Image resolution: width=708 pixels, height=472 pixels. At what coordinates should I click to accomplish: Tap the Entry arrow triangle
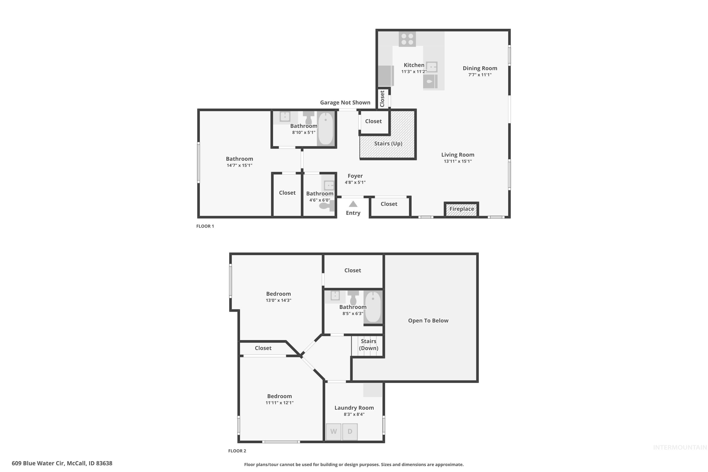click(353, 204)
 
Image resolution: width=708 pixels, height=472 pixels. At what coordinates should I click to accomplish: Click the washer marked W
click(333, 432)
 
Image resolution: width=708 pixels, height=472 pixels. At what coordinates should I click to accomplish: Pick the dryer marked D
click(350, 432)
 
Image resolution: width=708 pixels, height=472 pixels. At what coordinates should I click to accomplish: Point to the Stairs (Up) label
click(388, 143)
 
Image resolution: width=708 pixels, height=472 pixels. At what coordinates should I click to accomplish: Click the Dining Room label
click(480, 68)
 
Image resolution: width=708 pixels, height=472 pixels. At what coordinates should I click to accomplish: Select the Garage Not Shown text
click(345, 103)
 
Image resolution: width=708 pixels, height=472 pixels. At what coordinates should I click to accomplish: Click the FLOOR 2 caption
click(237, 451)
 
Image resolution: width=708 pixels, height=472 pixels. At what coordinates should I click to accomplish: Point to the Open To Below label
click(428, 320)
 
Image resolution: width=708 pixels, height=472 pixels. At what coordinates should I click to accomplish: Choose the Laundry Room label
click(354, 408)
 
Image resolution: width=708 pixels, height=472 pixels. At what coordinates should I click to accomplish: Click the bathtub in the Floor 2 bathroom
click(373, 307)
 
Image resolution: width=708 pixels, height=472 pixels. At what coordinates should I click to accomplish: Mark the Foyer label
click(355, 176)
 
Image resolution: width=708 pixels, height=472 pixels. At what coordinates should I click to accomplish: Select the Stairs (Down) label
click(368, 345)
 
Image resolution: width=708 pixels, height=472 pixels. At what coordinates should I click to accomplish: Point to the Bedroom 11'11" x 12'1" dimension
click(279, 403)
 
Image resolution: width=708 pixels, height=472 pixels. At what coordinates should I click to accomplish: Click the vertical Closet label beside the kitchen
click(382, 99)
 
